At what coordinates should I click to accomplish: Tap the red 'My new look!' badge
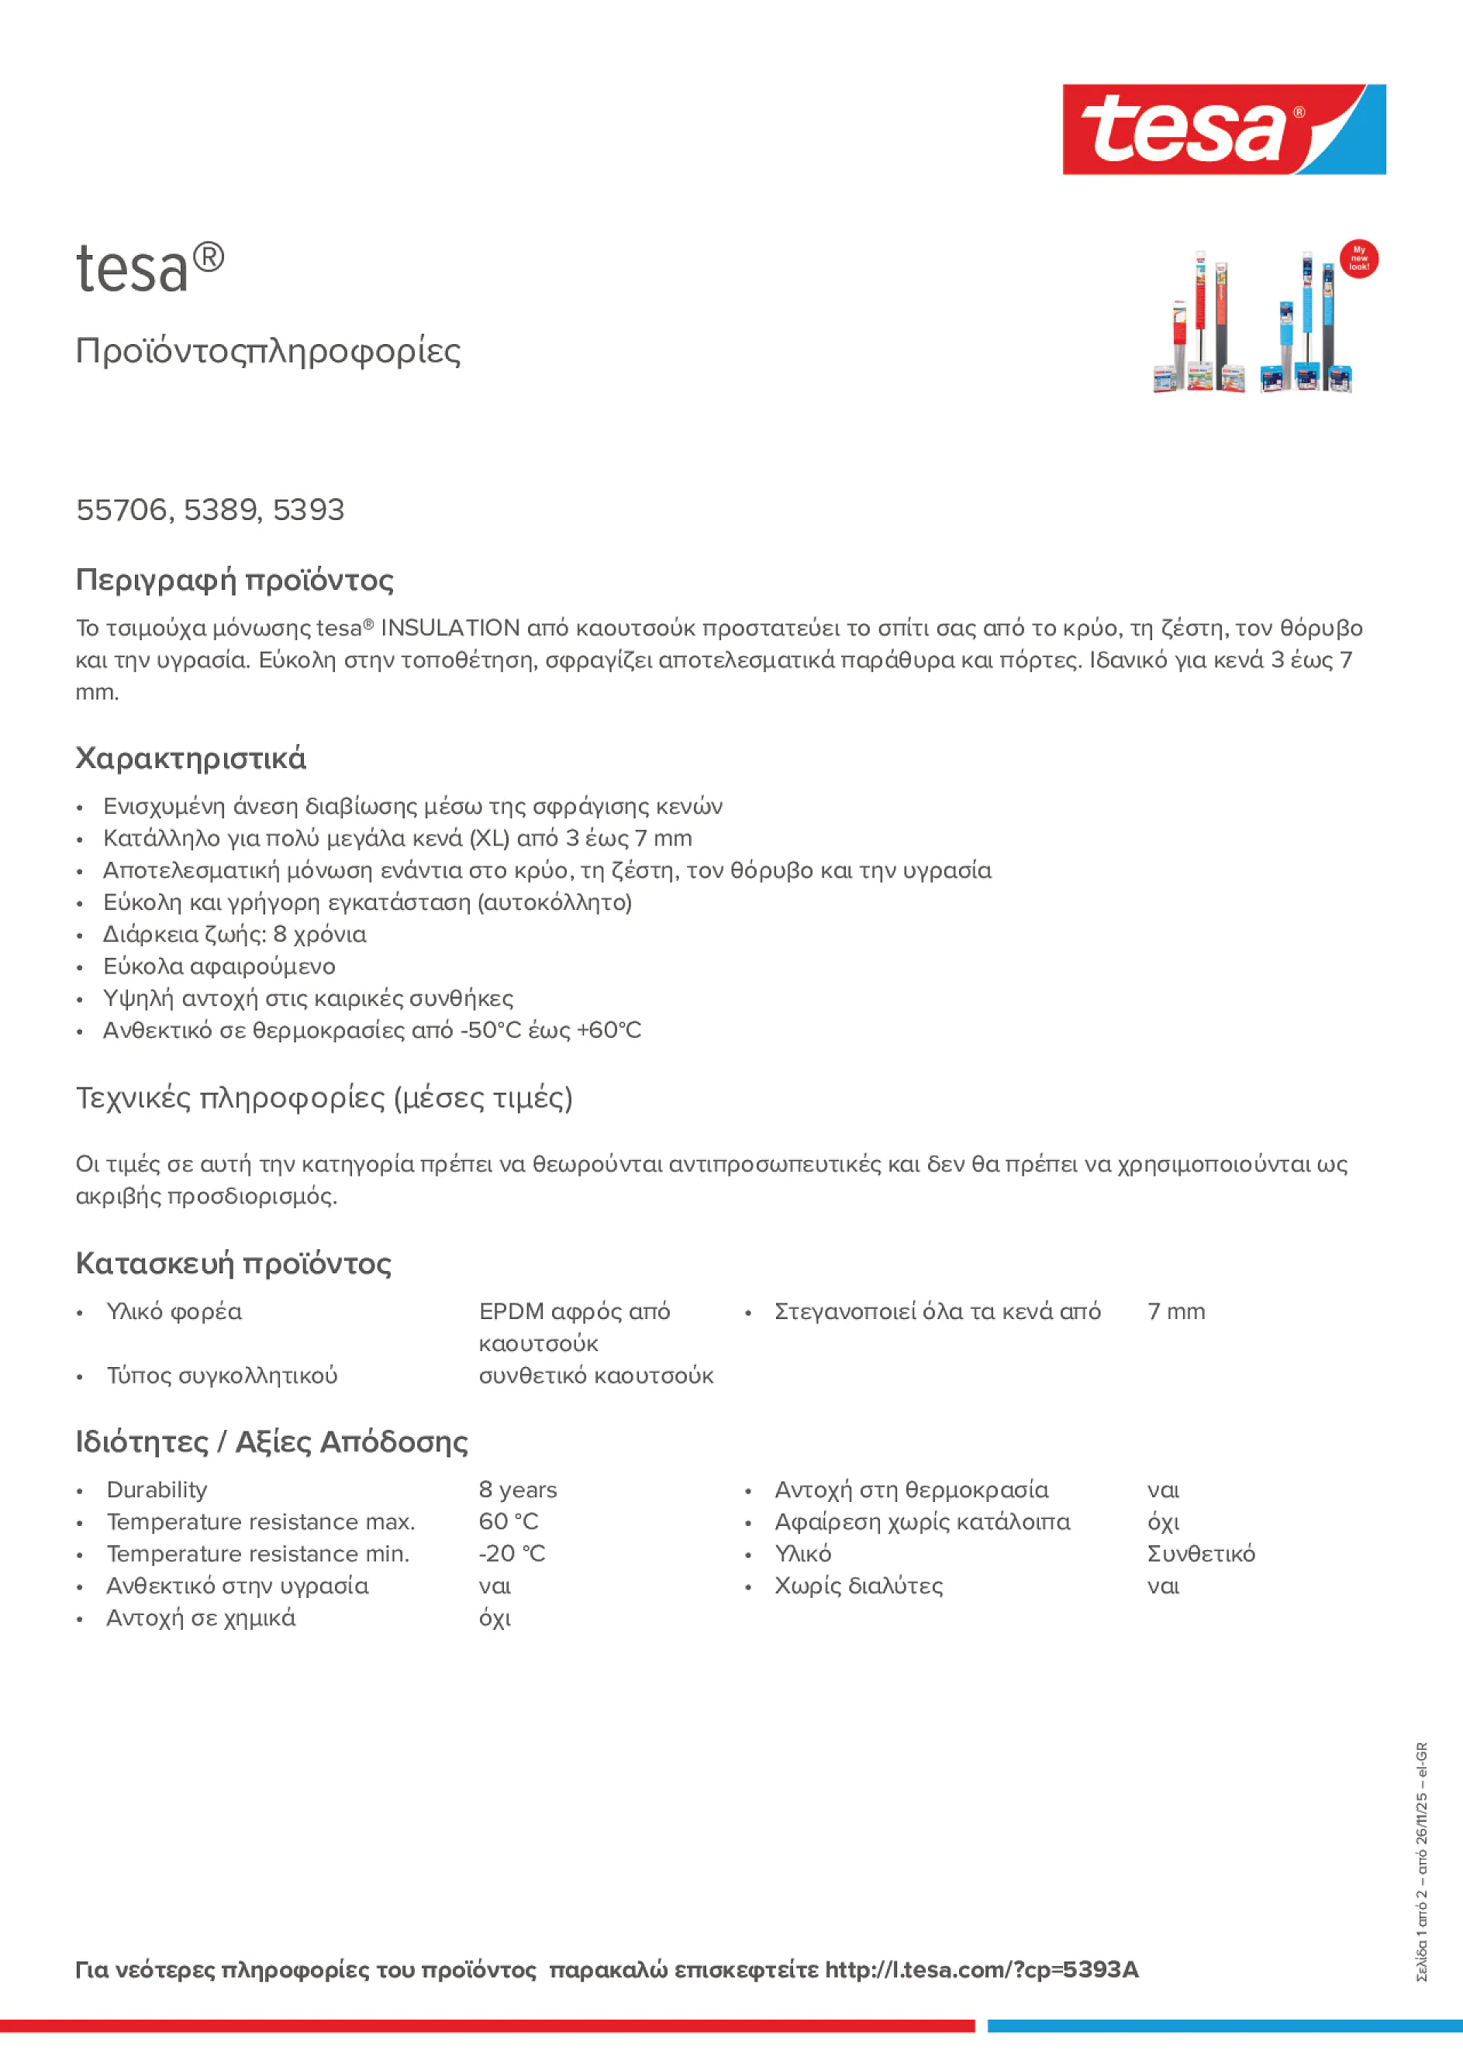click(1358, 259)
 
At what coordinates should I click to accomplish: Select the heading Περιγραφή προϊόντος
click(234, 580)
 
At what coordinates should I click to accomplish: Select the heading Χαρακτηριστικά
click(190, 758)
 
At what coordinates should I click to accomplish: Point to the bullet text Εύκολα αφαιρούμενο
click(219, 966)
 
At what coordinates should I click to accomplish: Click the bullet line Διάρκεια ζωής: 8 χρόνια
click(234, 934)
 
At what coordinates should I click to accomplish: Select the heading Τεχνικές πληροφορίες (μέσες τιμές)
click(324, 1097)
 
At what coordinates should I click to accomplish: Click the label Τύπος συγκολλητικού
click(222, 1375)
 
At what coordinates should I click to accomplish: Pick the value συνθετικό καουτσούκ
click(595, 1375)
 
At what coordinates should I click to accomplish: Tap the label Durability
click(157, 1490)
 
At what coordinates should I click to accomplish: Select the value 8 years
click(518, 1490)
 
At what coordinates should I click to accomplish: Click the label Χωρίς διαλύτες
click(857, 1586)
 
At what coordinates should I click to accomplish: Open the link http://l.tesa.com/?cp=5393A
click(982, 1969)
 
